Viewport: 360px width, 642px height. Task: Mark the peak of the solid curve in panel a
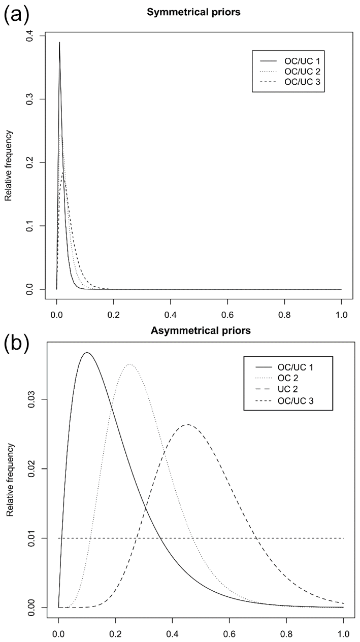59,43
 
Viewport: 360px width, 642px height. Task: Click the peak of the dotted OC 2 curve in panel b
130,364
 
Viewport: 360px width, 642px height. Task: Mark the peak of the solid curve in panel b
87,352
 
